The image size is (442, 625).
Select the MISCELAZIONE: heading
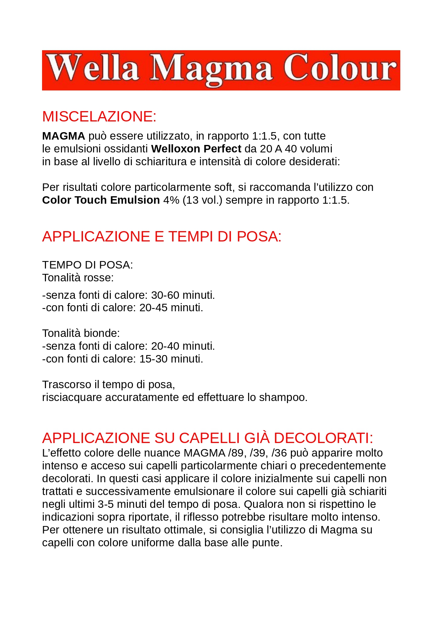99,117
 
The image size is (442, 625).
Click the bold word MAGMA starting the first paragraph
63,136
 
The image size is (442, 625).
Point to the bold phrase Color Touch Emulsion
101,200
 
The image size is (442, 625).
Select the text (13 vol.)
202,200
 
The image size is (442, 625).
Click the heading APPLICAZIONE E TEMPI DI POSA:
162,237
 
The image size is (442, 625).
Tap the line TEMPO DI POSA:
87,265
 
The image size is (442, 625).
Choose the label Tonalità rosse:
78,278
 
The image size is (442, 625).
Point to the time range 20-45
153,308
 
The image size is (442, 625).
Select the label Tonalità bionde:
81,333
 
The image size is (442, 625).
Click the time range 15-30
153,359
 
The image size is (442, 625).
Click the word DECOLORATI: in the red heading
323,438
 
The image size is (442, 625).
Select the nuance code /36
279,453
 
